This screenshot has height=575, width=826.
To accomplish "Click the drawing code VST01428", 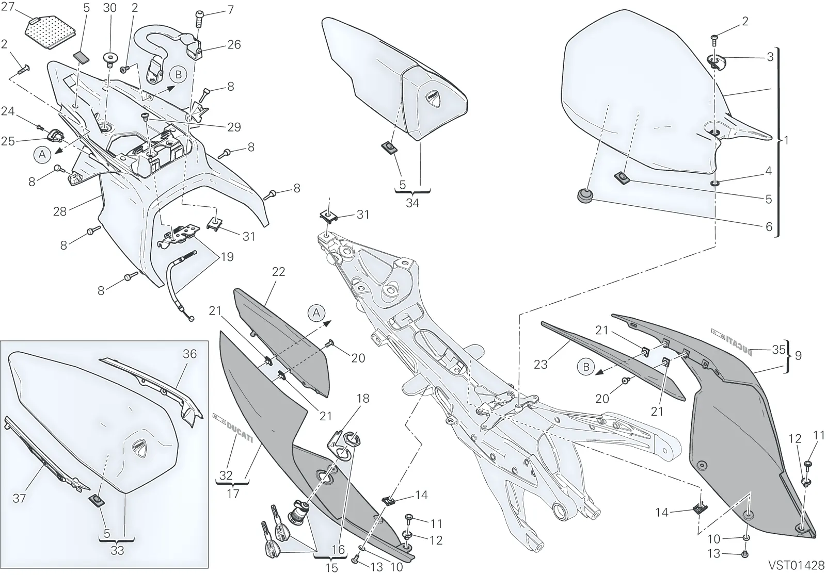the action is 796,565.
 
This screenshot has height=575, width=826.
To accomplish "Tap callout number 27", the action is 8,7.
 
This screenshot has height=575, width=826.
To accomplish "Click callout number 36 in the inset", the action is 190,354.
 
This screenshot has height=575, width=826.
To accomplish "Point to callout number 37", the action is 19,498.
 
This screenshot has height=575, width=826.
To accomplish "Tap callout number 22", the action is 278,271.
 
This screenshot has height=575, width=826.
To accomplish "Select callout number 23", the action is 541,364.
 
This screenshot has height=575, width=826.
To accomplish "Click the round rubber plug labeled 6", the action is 584,195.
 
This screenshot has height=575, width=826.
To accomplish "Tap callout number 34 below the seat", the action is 412,203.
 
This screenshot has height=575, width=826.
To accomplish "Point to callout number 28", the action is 60,211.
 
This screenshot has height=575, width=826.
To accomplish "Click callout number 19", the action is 227,257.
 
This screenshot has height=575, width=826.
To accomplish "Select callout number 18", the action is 363,398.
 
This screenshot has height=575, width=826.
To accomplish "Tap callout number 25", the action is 8,141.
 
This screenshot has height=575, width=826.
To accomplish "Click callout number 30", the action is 109,8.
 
